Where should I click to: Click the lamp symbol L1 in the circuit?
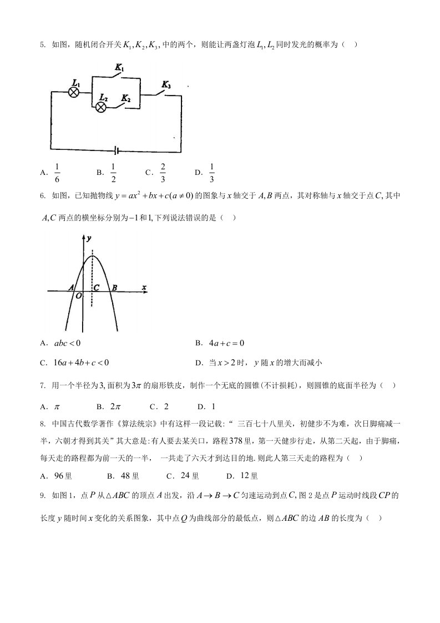click(73, 92)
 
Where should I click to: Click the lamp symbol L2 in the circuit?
click(102, 107)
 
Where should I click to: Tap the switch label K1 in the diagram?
click(119, 68)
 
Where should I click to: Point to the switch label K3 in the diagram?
click(166, 84)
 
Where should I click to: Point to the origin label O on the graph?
click(79, 297)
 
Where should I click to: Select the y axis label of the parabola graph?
click(89, 238)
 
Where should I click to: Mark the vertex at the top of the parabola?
click(92, 257)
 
